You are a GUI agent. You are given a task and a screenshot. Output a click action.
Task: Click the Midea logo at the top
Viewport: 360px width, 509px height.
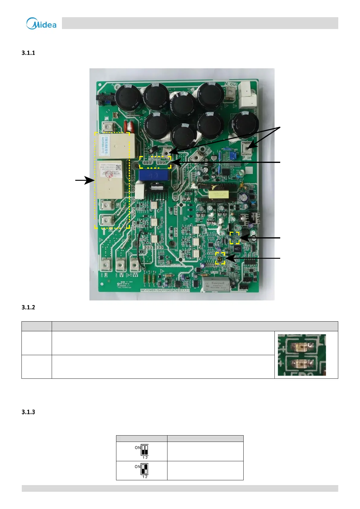(x=41, y=23)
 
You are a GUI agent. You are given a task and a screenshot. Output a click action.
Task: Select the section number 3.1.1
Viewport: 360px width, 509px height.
(x=28, y=53)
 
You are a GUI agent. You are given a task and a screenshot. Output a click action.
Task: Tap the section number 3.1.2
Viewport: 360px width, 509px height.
(x=28, y=307)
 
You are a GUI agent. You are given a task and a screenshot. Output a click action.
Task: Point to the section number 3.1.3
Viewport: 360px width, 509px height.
(x=28, y=412)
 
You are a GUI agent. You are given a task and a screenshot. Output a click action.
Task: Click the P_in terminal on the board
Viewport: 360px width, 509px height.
(x=248, y=148)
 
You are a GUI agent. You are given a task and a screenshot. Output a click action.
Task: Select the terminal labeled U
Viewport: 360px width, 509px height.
(x=105, y=265)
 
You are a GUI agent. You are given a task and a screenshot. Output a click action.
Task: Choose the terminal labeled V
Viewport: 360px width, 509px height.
(x=121, y=265)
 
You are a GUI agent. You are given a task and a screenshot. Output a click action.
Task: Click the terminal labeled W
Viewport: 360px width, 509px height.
(x=135, y=265)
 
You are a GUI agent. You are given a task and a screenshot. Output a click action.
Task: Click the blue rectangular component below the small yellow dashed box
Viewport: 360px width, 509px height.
(x=153, y=175)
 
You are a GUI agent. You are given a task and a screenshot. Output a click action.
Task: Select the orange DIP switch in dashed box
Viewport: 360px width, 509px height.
(x=220, y=258)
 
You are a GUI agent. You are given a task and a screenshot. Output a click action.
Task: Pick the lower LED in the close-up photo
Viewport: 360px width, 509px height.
(x=301, y=364)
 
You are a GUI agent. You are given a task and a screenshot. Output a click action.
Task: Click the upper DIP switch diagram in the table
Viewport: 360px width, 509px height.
(x=144, y=450)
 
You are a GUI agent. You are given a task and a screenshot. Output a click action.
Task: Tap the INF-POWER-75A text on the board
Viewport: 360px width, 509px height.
(x=165, y=290)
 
